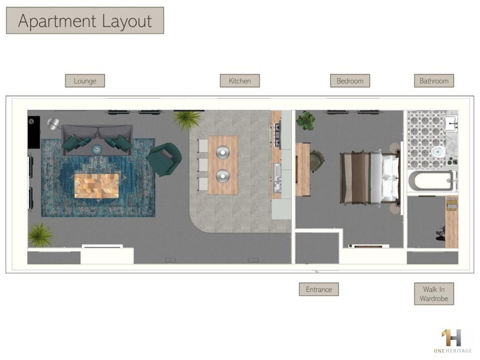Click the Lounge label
coord(85,81)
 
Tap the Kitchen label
coord(240,81)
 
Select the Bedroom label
coord(350,81)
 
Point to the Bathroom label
coord(434,81)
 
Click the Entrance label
coord(319,290)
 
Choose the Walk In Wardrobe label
coord(434,294)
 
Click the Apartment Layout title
coord(85,21)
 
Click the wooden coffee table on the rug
coord(97,186)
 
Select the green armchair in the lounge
coord(165,159)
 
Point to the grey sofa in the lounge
coord(97,140)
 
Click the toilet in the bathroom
coord(438,152)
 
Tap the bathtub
coord(431,181)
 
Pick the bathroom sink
coord(450,122)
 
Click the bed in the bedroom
coord(370,177)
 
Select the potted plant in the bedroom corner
coord(306,120)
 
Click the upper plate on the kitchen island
coord(223,153)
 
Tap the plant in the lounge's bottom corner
coord(40,234)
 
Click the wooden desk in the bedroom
coord(302,169)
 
